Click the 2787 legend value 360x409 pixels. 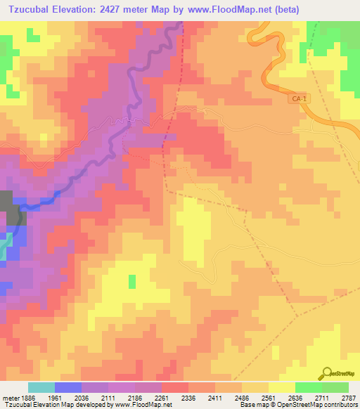pyautogui.click(x=349, y=398)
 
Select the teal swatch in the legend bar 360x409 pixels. pyautogui.click(x=41, y=388)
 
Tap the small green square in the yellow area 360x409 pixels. pyautogui.click(x=132, y=282)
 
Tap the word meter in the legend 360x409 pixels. pyautogui.click(x=8, y=398)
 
